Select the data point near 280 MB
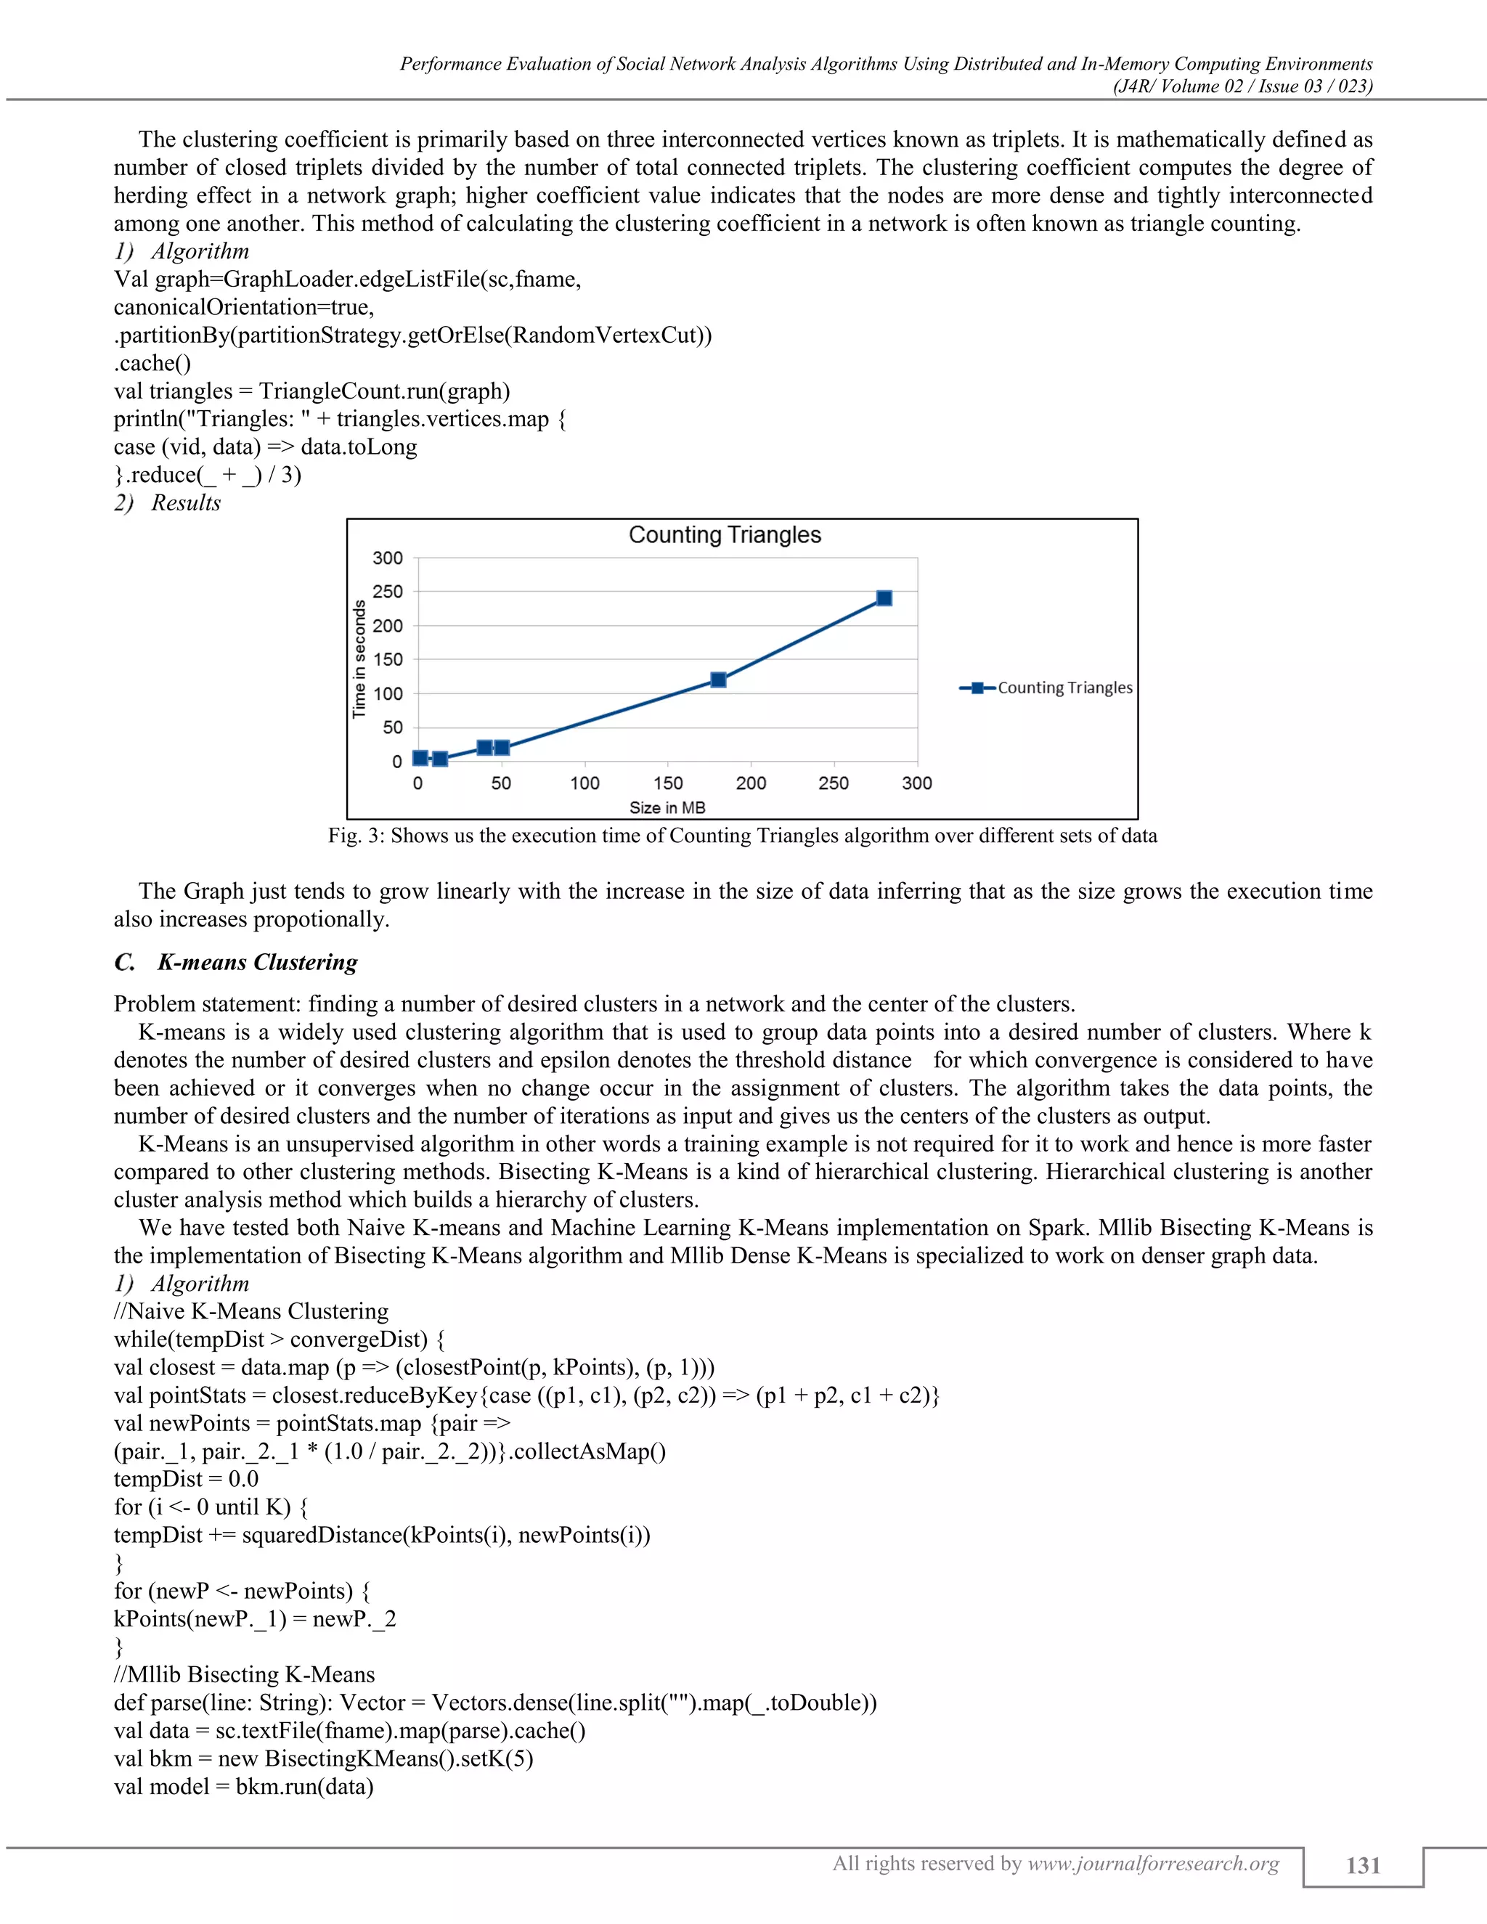click(884, 598)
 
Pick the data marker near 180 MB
click(718, 680)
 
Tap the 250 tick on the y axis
click(388, 592)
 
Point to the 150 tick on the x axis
click(668, 783)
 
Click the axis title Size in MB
click(667, 808)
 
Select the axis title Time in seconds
click(359, 659)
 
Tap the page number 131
click(1363, 1865)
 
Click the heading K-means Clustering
click(257, 962)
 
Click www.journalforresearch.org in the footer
click(1153, 1863)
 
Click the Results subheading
click(185, 503)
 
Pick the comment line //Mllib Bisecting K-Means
click(244, 1675)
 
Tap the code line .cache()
click(152, 363)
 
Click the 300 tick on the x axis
click(916, 783)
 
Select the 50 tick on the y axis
click(392, 727)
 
